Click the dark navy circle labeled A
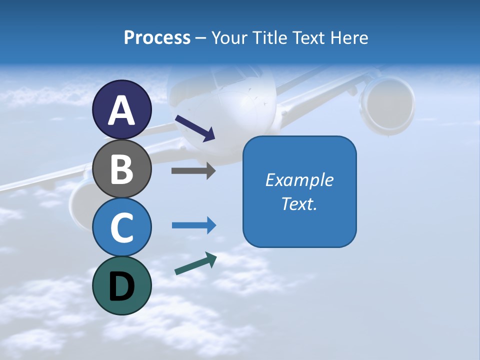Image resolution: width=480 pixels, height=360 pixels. click(x=121, y=109)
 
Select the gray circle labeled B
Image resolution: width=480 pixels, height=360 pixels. click(x=121, y=168)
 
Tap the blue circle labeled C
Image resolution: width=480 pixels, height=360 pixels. click(x=121, y=227)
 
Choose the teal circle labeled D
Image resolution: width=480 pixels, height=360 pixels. click(x=121, y=285)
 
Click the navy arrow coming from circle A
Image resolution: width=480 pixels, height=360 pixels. click(x=195, y=127)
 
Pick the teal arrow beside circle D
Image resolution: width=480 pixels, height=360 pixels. click(x=195, y=263)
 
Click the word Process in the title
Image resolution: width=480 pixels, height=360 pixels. click(x=157, y=38)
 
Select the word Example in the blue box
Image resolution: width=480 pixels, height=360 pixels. click(x=299, y=180)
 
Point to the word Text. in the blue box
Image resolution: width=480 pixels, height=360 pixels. click(x=299, y=204)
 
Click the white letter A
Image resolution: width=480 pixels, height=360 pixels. click(x=121, y=110)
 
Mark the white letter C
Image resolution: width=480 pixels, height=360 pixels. click(x=121, y=227)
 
